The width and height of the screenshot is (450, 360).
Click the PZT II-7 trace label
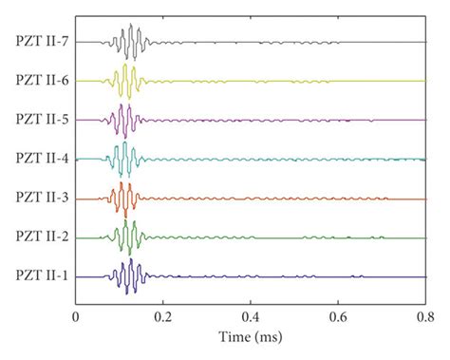click(x=41, y=42)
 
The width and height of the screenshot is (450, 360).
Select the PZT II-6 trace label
click(x=41, y=81)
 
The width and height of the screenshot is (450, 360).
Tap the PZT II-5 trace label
click(x=41, y=120)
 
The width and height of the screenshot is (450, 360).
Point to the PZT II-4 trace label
click(x=41, y=159)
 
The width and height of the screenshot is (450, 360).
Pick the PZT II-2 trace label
click(x=41, y=237)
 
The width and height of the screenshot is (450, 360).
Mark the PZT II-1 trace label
click(x=41, y=276)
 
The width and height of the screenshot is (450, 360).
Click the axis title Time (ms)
click(x=251, y=335)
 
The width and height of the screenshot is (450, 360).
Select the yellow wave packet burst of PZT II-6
click(x=126, y=81)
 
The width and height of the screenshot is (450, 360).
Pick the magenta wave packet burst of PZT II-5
click(x=122, y=121)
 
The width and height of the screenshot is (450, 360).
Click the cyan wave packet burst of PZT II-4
click(x=121, y=159)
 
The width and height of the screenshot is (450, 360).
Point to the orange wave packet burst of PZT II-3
click(x=122, y=199)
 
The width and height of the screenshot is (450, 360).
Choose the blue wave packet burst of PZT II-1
click(x=127, y=276)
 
